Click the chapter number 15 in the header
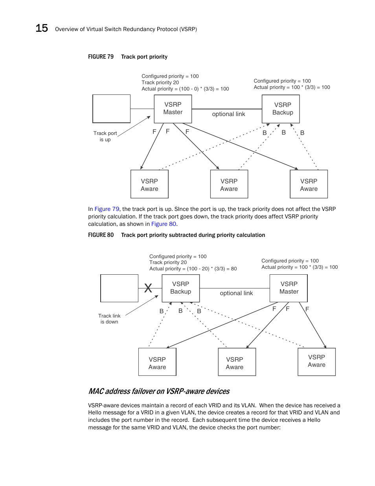tap(42, 28)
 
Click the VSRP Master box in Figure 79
tap(173, 109)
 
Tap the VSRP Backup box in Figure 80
tap(180, 288)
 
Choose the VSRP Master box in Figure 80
tap(289, 288)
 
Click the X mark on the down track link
tap(148, 288)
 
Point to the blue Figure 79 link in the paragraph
tap(107, 209)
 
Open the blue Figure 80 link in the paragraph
tap(164, 224)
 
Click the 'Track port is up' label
tap(105, 136)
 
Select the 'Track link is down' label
tap(109, 319)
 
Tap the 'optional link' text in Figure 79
tap(228, 114)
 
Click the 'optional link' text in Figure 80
tap(236, 293)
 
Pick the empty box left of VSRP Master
tap(111, 109)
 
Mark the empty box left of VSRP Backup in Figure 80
tap(119, 288)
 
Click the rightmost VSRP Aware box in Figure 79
tap(309, 184)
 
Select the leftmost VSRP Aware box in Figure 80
tap(157, 362)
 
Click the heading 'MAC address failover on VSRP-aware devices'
tap(159, 391)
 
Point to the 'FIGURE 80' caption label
tap(101, 235)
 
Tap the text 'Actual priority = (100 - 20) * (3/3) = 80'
tap(193, 269)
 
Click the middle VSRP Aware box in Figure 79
tap(229, 184)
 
